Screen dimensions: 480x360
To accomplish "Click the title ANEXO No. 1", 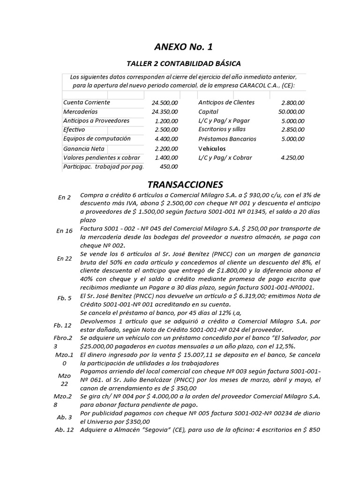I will pos(180,47).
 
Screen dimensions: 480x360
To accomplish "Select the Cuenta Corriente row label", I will pos(87,102).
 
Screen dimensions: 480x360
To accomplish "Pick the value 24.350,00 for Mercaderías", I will pos(165,112).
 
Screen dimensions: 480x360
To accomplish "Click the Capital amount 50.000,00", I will pos(291,112).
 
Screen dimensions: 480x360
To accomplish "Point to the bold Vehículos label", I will pos(212,148).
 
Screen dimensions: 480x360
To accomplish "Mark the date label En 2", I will pos(64,197).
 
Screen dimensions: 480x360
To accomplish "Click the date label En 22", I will pos(64,258).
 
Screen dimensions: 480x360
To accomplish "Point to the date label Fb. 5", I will pos(64,298).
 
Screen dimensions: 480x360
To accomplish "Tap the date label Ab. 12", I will pos(64,430).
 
